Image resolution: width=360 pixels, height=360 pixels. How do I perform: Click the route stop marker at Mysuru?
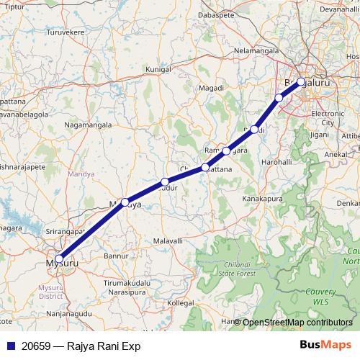click(59, 259)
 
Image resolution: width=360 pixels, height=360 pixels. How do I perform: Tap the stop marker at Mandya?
click(125, 202)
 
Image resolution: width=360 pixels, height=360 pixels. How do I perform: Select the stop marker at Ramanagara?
click(226, 151)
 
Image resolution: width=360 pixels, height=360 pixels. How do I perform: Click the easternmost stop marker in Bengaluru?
click(301, 81)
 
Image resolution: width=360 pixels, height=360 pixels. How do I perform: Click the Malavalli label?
click(168, 240)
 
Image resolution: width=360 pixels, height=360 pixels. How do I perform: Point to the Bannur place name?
click(115, 255)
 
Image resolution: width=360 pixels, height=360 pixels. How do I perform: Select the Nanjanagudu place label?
click(72, 313)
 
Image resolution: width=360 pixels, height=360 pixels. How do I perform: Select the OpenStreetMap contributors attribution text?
click(297, 322)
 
